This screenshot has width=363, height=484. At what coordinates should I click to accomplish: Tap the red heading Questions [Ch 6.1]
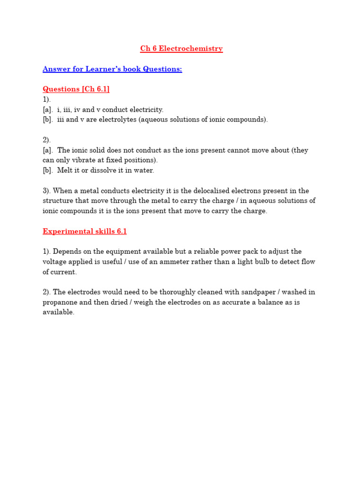coord(76,89)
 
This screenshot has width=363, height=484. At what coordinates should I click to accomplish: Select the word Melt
coord(66,171)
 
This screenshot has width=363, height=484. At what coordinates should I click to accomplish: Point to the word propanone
coord(61,302)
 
